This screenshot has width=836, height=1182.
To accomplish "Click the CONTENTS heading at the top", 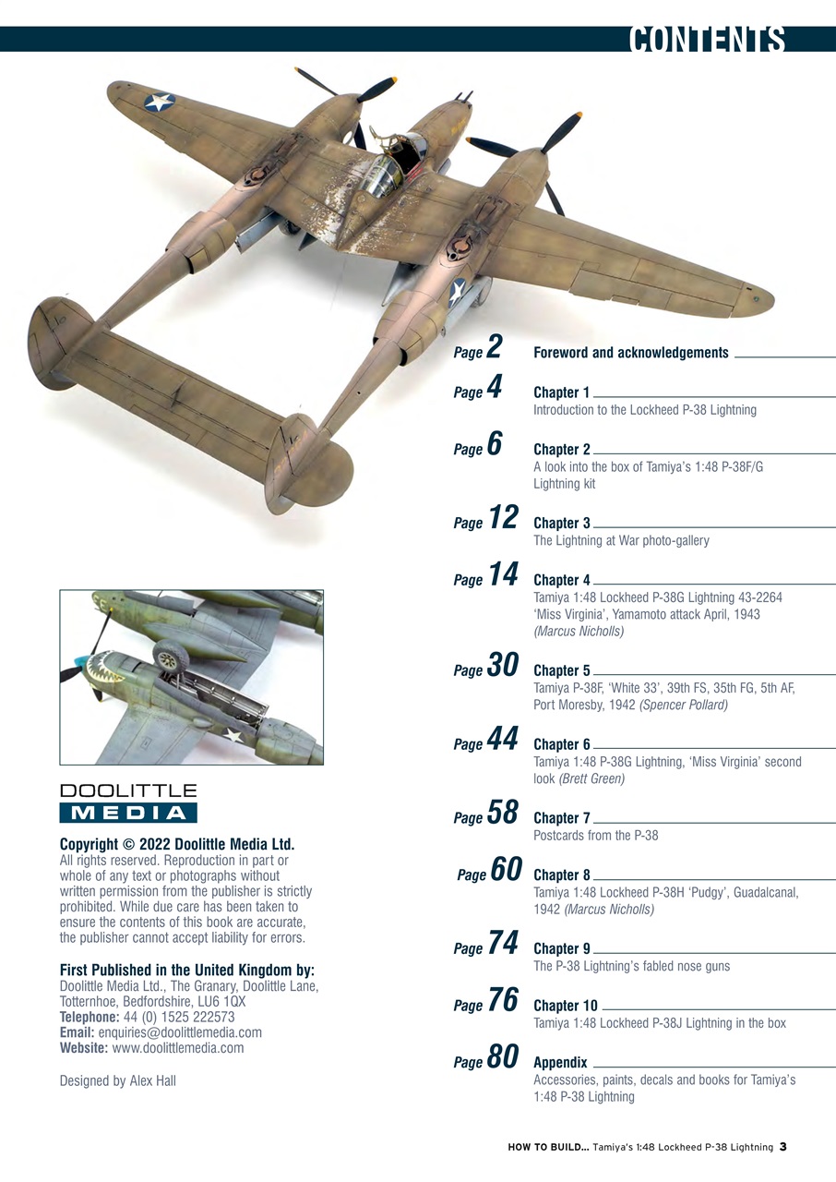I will [707, 41].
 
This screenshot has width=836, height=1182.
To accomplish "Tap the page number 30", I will [502, 666].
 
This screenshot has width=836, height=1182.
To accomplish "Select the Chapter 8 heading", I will [562, 874].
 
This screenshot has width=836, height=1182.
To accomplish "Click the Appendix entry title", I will [560, 1063].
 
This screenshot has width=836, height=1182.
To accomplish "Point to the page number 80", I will [502, 1057].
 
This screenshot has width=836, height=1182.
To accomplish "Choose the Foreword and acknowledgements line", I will [631, 353].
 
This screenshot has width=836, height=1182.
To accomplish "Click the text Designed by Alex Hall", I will [117, 1080].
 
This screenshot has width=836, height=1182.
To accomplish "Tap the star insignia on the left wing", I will [160, 102].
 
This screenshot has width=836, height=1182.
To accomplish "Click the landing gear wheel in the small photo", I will [171, 657].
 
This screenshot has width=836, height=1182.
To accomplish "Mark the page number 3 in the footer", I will [782, 1147].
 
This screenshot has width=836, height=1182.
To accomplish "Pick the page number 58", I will [502, 813].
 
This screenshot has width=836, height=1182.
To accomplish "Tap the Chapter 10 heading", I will [566, 1006].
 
